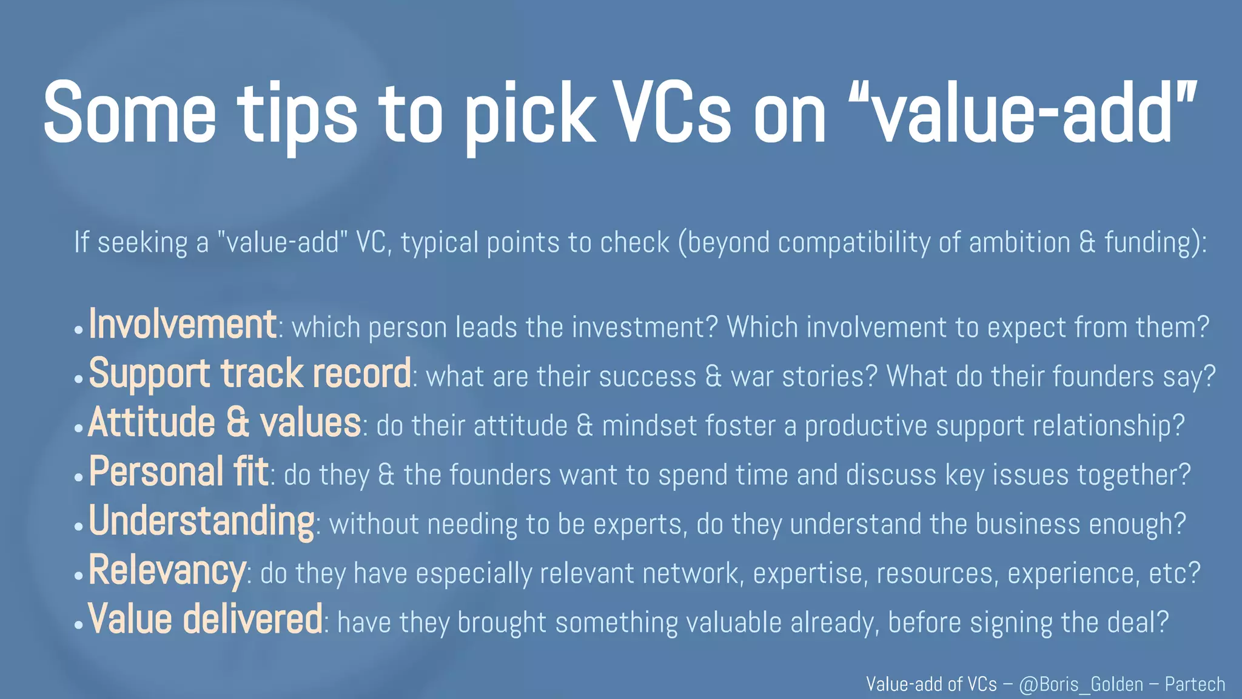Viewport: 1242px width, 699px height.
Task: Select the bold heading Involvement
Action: click(183, 325)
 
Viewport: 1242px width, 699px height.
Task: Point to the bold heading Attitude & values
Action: click(225, 423)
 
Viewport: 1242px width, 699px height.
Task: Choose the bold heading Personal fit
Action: click(179, 471)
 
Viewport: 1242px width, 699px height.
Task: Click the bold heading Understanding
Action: click(201, 521)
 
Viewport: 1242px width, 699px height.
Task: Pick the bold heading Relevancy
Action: click(167, 570)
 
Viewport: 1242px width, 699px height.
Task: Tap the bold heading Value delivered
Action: click(206, 620)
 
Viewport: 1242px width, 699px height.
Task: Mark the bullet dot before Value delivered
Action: click(78, 625)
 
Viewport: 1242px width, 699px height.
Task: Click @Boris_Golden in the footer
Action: click(1081, 684)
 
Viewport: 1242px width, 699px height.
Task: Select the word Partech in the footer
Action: click(1195, 684)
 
